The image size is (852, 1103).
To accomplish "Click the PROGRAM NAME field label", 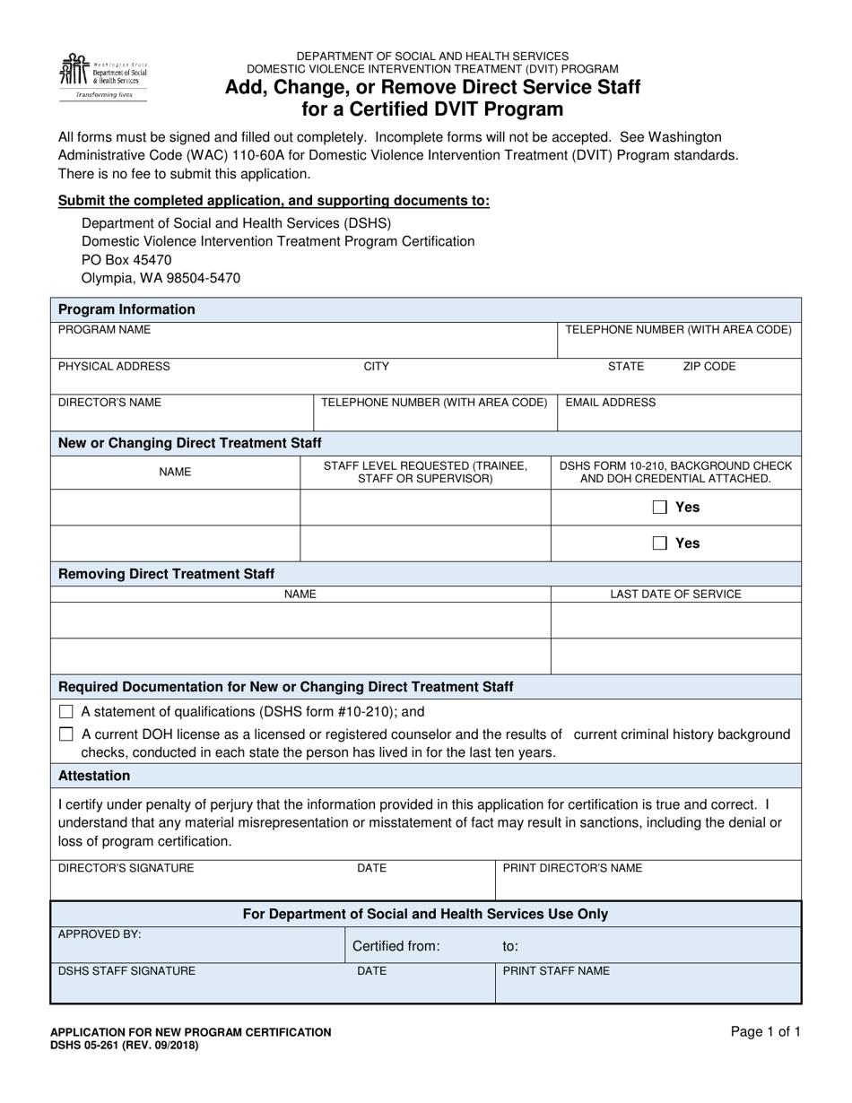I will [104, 330].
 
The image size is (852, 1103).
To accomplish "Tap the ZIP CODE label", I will [709, 366].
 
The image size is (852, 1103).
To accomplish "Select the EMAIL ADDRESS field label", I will [610, 403].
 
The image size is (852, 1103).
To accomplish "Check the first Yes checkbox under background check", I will [660, 508].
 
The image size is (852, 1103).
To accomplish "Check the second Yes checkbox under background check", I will [660, 543].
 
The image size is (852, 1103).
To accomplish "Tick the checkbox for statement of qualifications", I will [65, 712].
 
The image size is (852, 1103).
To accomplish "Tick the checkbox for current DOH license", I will [65, 734].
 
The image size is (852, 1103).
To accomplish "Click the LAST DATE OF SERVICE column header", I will [675, 594].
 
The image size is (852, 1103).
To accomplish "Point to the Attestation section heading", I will [94, 776].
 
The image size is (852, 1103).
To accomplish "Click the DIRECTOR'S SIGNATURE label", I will [126, 868].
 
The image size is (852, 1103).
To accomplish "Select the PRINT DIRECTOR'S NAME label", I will [572, 868].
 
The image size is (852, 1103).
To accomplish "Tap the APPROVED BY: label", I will [100, 934].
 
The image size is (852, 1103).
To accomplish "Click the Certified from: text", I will [396, 946].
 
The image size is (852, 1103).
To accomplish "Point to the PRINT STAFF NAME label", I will [556, 971].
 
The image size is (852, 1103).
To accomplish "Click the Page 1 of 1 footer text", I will [766, 1032].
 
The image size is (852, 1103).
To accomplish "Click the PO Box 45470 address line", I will [126, 260].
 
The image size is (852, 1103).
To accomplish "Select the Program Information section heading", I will [126, 309].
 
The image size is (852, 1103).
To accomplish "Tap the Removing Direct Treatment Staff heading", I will [166, 574].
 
